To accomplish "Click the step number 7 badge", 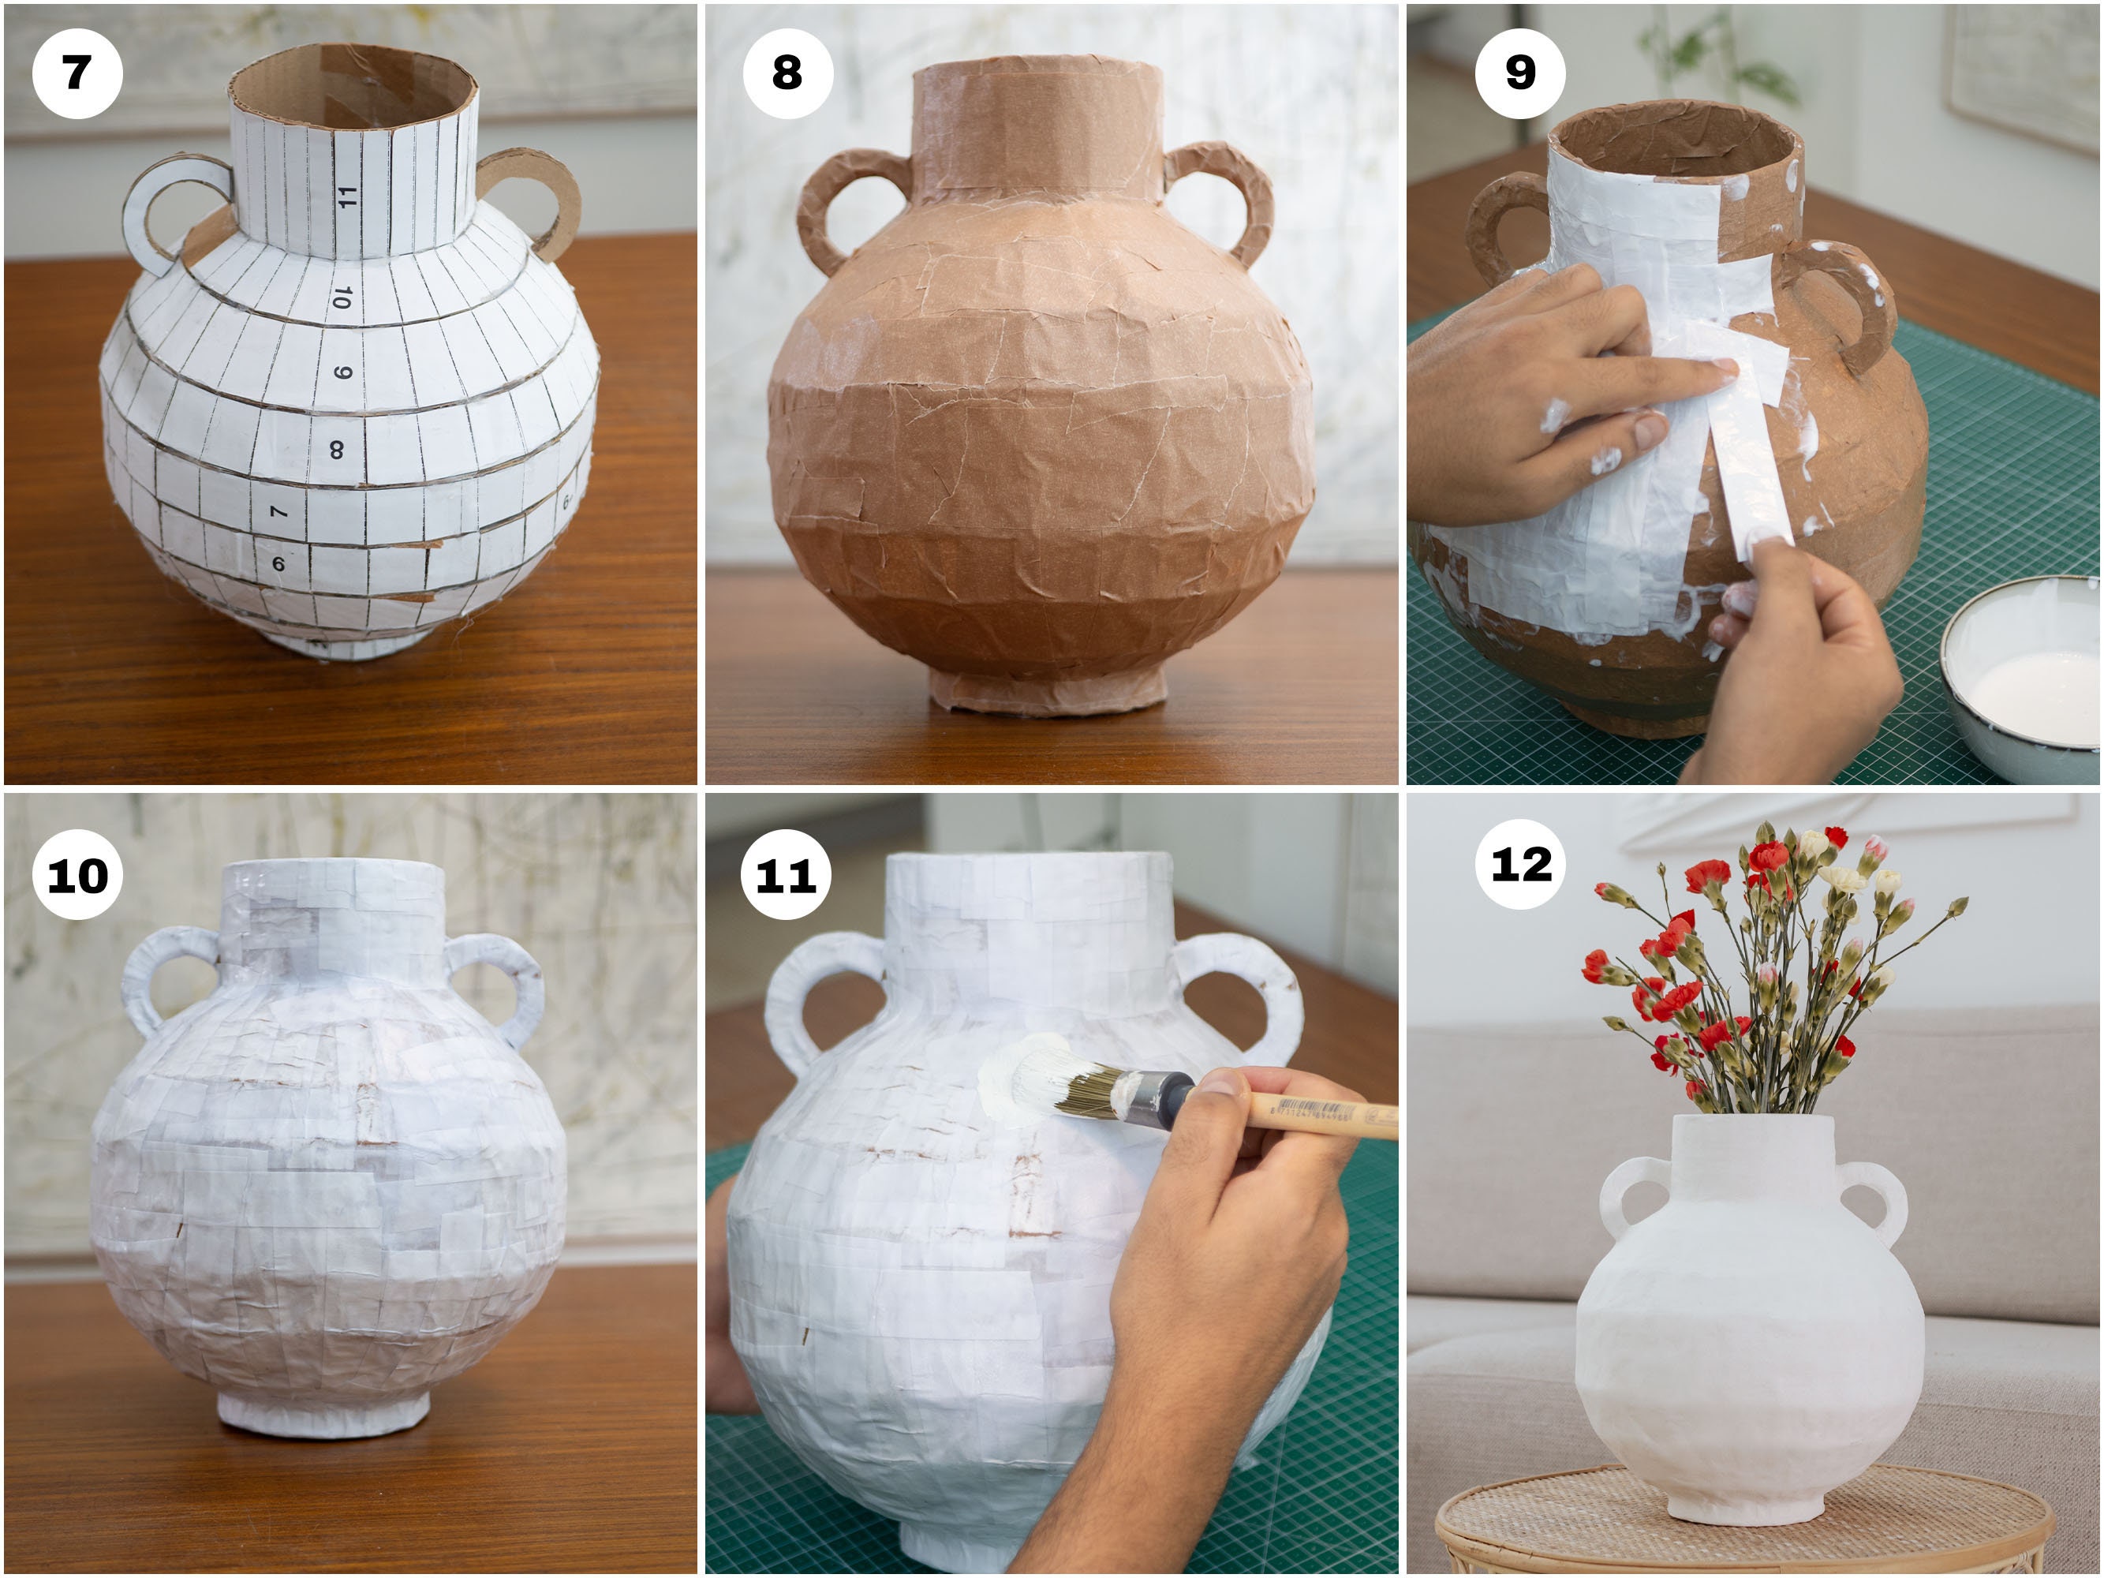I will coord(77,73).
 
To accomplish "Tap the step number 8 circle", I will coord(787,73).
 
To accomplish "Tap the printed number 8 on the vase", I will coord(337,449).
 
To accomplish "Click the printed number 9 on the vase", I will coord(343,372).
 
